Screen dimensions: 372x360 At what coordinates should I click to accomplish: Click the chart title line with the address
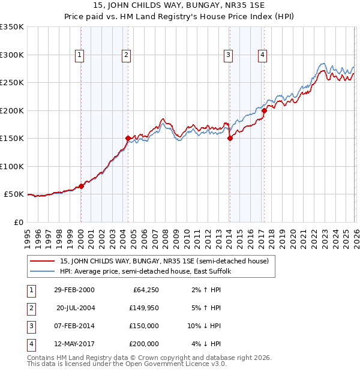pyautogui.click(x=179, y=7)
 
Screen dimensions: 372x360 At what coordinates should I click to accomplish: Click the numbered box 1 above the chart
pyautogui.click(x=80, y=55)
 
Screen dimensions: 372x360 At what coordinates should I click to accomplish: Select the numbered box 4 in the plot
pyautogui.click(x=263, y=55)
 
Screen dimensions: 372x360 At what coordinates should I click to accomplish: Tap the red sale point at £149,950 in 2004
pyautogui.click(x=128, y=138)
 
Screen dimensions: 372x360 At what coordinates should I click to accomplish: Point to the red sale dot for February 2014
pyautogui.click(x=230, y=138)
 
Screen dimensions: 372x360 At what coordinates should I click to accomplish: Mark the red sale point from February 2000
pyautogui.click(x=82, y=186)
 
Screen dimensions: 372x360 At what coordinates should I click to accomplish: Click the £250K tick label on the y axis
pyautogui.click(x=12, y=82)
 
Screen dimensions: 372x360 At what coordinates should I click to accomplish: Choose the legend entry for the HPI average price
pyautogui.click(x=149, y=271)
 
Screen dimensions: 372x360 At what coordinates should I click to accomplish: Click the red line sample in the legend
pyautogui.click(x=42, y=261)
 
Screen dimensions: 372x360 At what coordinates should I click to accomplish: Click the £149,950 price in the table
pyautogui.click(x=144, y=308)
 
